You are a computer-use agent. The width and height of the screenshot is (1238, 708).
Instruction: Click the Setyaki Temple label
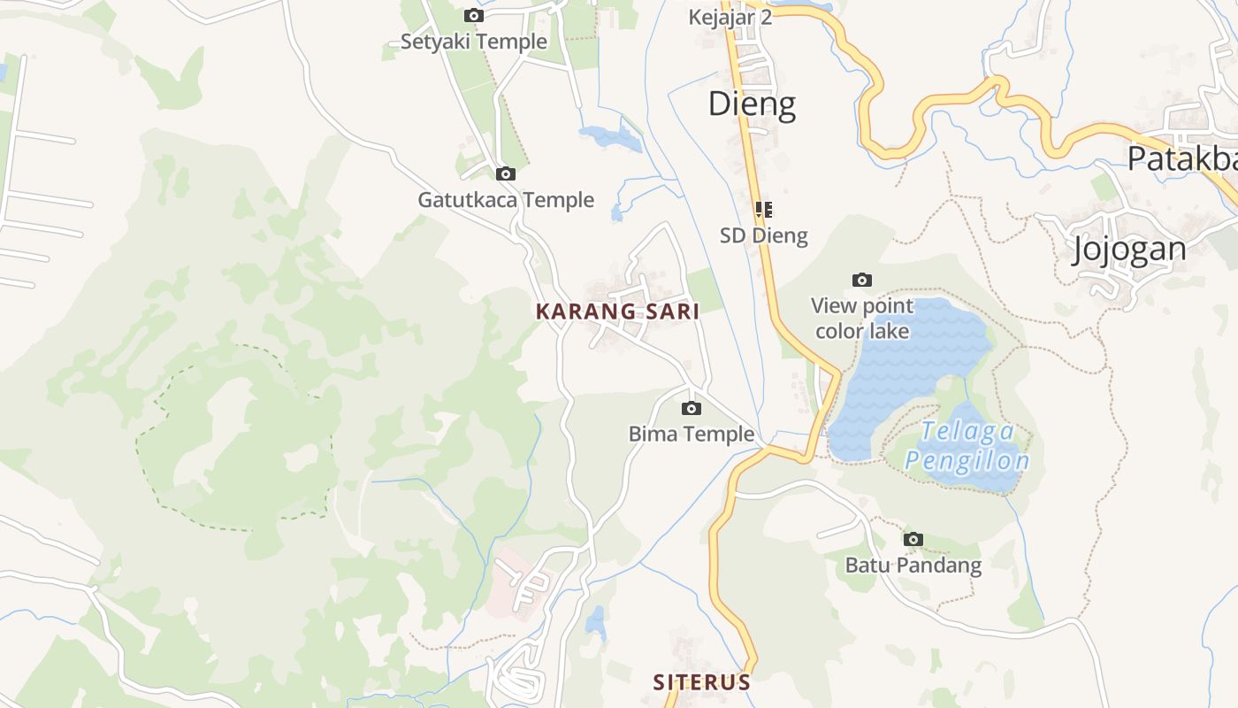[x=473, y=42]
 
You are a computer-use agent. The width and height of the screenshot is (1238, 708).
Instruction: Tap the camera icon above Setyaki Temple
[x=474, y=15]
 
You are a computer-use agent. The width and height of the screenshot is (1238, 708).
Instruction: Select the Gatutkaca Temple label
[x=506, y=200]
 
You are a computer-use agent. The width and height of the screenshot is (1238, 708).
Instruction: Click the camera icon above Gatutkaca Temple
[x=506, y=173]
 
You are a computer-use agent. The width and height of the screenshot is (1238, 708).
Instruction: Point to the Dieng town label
[x=752, y=104]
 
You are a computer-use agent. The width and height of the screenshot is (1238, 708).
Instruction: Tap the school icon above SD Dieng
[x=763, y=210]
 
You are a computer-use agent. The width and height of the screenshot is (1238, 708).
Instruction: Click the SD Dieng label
[x=763, y=235]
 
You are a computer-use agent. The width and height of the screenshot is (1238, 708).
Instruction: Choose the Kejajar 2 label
[x=730, y=17]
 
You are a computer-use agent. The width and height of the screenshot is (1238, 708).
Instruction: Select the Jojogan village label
[x=1128, y=249]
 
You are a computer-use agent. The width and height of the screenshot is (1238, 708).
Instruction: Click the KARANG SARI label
[x=617, y=312]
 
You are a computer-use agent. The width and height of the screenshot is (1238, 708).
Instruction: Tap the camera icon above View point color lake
[x=862, y=281]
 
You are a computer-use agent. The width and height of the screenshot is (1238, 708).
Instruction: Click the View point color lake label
[x=862, y=319]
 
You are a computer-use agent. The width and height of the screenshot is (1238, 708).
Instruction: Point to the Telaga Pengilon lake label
[x=967, y=446]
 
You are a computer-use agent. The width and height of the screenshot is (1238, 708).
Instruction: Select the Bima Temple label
[x=692, y=434]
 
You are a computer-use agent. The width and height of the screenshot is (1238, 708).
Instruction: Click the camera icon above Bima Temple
[x=692, y=408]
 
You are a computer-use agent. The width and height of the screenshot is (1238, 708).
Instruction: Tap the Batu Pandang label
[x=913, y=565]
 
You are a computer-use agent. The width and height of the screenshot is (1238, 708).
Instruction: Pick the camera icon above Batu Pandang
[x=913, y=539]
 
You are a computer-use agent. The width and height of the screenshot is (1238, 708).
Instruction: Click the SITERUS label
[x=701, y=682]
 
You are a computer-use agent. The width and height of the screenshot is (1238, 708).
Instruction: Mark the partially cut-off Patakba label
[x=1181, y=158]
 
